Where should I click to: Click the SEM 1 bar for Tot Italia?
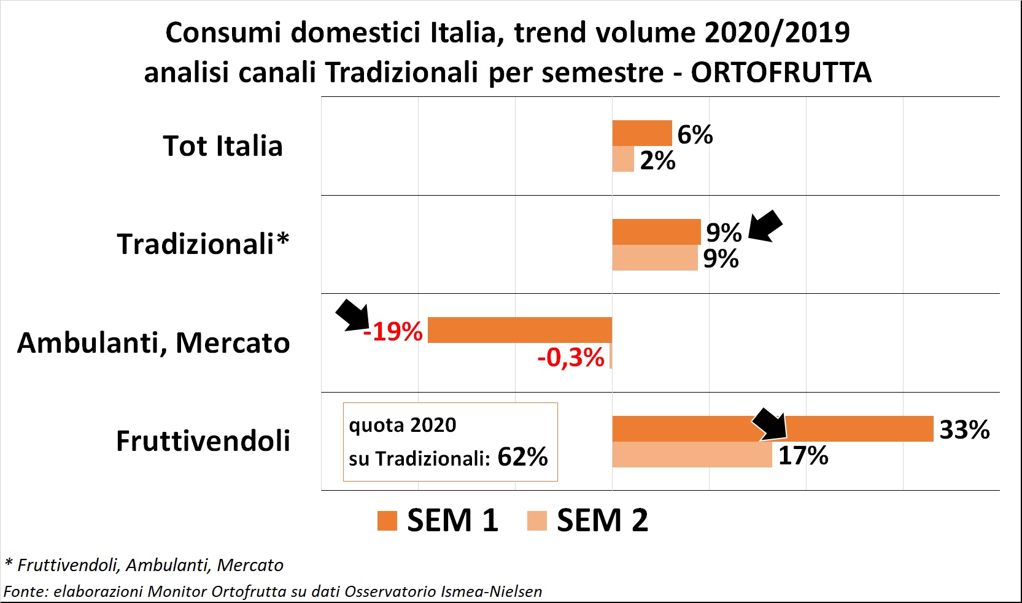pos(642,133)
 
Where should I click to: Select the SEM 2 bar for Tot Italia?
pos(623,159)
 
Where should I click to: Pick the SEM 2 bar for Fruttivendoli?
pos(692,455)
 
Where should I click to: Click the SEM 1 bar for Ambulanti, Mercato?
pos(519,330)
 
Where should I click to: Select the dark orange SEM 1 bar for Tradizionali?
pos(656,232)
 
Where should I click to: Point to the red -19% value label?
pos(393,332)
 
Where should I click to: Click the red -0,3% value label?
pos(571,357)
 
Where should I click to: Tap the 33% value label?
pos(964,429)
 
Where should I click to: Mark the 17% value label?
pos(803,456)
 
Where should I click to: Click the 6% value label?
pos(695,134)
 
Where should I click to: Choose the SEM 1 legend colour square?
pos(387,521)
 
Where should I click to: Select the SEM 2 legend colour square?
pos(537,521)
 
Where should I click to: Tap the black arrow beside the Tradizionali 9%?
pos(766,226)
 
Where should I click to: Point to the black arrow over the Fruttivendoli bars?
pos(770,424)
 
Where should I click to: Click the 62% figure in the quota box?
pos(522,457)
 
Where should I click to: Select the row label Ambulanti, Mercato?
pos(153,343)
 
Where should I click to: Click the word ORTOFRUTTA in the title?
pos(781,72)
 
